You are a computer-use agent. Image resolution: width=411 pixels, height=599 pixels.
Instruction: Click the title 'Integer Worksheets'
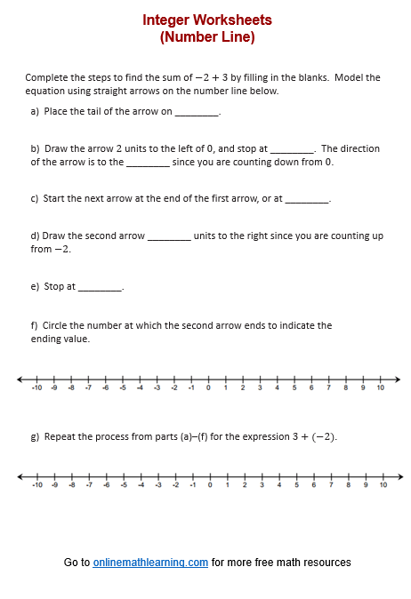(x=206, y=20)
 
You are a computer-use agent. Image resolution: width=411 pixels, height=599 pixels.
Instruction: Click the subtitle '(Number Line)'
(x=206, y=37)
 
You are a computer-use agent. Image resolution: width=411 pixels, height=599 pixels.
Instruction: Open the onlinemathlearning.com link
(x=150, y=563)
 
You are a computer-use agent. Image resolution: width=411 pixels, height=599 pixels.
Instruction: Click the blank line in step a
(x=196, y=113)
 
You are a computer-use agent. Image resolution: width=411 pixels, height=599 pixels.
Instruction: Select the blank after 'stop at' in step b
(x=291, y=150)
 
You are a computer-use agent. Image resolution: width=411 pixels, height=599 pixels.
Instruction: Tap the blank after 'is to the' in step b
(x=148, y=164)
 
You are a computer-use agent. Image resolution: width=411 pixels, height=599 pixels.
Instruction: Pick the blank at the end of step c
(x=307, y=200)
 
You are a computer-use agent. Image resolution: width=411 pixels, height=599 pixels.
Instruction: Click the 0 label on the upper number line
(x=208, y=388)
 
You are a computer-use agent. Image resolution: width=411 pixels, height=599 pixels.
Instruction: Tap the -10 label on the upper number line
(x=36, y=388)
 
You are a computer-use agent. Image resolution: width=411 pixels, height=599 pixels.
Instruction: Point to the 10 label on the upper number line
(x=380, y=388)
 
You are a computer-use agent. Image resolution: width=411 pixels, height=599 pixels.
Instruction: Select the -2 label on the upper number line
(x=174, y=388)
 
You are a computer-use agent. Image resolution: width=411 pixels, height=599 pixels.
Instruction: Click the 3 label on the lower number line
(x=262, y=485)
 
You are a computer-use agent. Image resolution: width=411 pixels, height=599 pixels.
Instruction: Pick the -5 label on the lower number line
(x=124, y=485)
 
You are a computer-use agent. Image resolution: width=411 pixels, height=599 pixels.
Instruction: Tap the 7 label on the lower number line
(x=330, y=485)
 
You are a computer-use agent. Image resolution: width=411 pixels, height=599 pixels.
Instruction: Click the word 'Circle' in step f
(x=54, y=326)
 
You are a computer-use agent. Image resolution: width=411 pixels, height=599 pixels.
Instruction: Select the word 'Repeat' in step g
(x=59, y=437)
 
